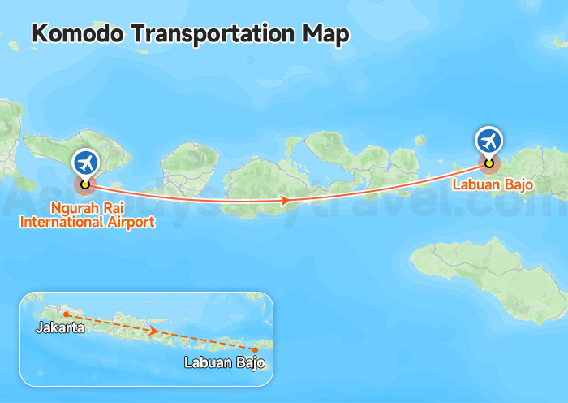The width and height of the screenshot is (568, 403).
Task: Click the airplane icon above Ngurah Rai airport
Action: [x=84, y=162]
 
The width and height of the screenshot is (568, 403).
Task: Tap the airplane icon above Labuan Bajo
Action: [x=488, y=141]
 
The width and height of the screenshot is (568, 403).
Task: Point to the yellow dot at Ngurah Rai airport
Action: [x=84, y=184]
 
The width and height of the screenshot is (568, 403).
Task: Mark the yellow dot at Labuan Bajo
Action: [x=488, y=162]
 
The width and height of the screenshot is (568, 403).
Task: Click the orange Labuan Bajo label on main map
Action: [x=493, y=185]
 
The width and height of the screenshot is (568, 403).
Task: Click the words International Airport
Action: [x=88, y=221]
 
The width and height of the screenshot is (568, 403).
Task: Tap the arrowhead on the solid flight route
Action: [x=285, y=200]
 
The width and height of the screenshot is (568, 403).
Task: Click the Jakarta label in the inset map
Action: [x=60, y=328]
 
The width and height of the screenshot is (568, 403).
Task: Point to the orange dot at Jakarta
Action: [x=66, y=314]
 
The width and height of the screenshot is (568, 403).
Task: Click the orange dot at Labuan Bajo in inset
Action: [x=256, y=349]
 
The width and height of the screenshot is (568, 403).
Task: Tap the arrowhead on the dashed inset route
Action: [x=153, y=331]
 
